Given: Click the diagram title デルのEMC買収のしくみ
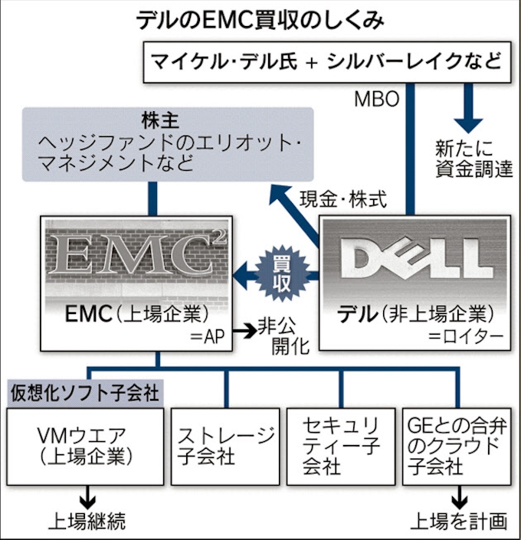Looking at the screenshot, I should pyautogui.click(x=260, y=21).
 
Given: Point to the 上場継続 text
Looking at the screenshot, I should pyautogui.click(x=86, y=521).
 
